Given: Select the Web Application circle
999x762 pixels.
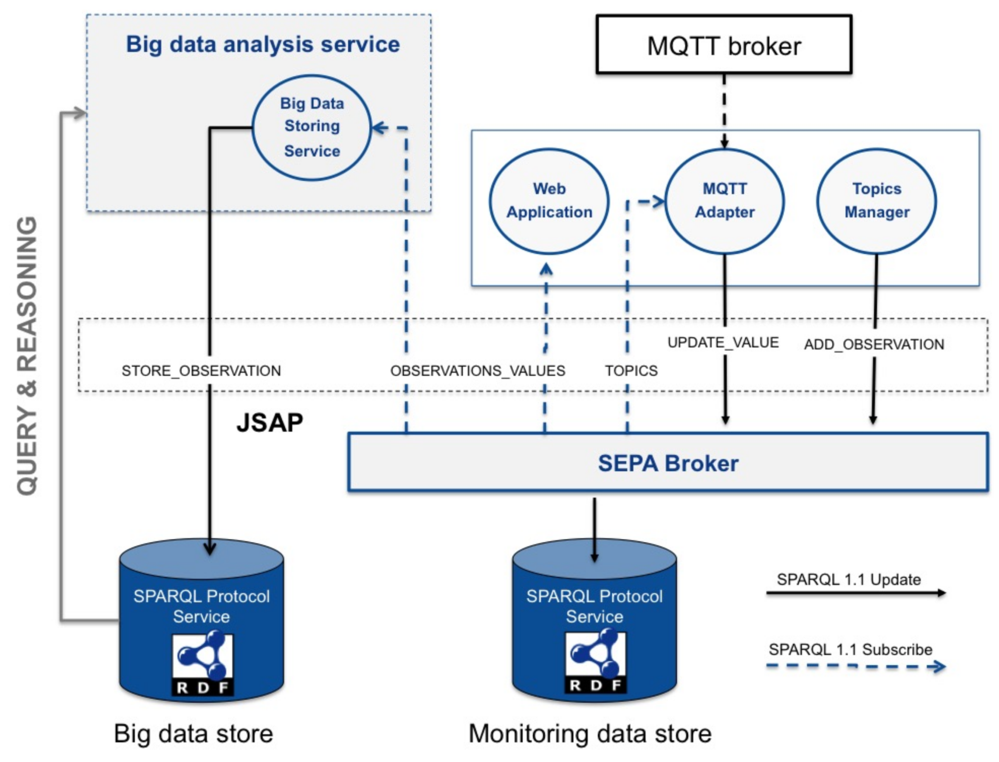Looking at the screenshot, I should pos(549,201).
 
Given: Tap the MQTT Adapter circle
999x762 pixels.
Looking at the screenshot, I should pos(724,201).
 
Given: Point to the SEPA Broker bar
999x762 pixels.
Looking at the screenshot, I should pos(667,462).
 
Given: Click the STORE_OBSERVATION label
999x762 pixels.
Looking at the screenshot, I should pos(201,371).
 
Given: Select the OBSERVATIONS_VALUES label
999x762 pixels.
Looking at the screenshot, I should pos(477,371).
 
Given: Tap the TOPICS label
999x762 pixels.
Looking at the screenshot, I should pos(631,371).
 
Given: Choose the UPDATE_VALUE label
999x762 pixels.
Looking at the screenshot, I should pos(723,342).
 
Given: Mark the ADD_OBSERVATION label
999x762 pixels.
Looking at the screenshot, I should pos(874,345).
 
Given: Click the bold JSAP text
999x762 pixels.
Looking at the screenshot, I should pos(269,423).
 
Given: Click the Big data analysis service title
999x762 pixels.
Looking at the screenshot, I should pos(263,45).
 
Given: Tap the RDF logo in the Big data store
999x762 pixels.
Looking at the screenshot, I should pos(202,664).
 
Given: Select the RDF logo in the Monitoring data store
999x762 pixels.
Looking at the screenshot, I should pos(595,662).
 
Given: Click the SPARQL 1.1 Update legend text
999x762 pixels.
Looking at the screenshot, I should pos(848,580).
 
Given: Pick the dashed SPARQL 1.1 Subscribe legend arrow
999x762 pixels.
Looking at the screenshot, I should pos(855,666).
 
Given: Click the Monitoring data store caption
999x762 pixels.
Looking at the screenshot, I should pos(590,734).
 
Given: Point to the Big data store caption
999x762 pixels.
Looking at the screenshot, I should pos(193,734).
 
